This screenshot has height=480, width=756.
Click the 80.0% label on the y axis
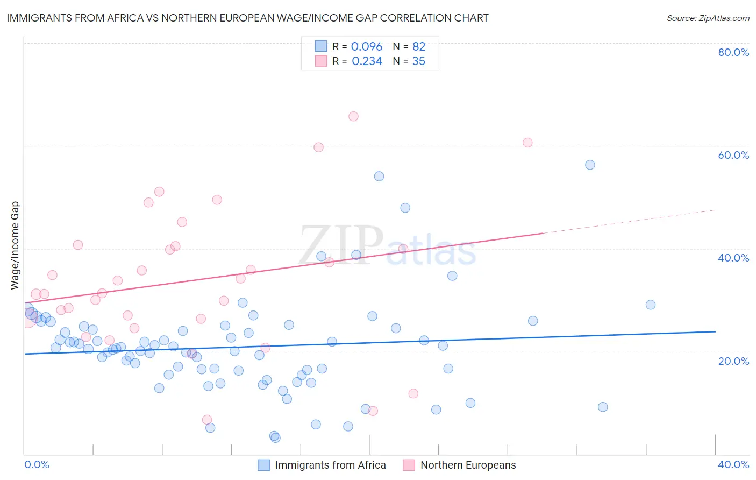click(733, 52)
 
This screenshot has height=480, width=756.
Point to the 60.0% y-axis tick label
click(733, 155)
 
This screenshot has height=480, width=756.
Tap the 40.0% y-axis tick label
click(733, 258)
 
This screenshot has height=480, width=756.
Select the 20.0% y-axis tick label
click(733, 361)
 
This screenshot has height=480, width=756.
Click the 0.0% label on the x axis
click(37, 464)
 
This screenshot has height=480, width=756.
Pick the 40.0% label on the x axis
click(733, 464)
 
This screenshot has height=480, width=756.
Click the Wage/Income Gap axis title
click(15, 245)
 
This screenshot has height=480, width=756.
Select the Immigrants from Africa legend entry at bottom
click(330, 465)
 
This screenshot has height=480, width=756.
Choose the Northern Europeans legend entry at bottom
click(467, 465)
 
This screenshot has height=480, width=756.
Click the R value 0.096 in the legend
click(366, 47)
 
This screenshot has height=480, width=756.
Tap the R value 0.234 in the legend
click(366, 61)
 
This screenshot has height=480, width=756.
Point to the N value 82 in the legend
click(418, 47)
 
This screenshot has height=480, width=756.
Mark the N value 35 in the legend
click(418, 61)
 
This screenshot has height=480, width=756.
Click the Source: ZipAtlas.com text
click(708, 18)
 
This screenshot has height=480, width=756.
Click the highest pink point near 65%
click(353, 116)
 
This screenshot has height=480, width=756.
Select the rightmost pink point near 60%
click(527, 143)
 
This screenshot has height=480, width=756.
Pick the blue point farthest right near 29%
click(651, 305)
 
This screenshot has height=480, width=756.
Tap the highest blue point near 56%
click(590, 165)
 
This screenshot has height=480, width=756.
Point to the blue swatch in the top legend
click(321, 46)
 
